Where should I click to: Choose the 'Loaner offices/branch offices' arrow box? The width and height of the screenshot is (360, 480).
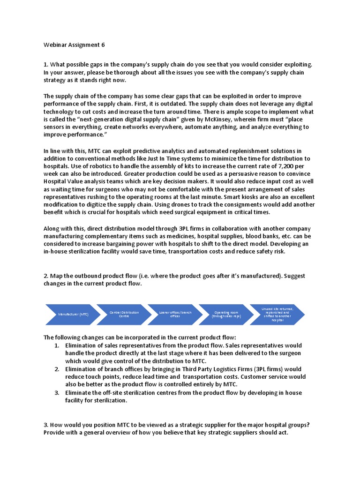(172, 314)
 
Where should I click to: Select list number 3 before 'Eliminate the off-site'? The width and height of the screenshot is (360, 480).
(56, 392)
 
